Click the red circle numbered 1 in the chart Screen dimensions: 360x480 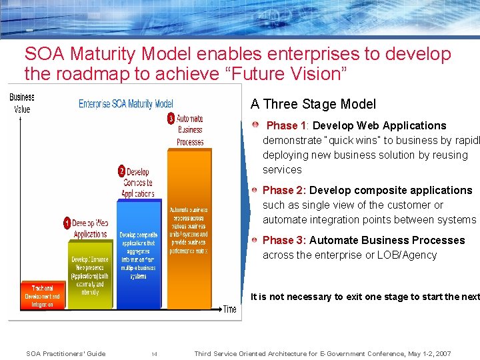[x=68, y=223]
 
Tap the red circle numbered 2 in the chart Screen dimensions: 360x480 [x=121, y=171]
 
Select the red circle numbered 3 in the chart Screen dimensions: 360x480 [x=171, y=119]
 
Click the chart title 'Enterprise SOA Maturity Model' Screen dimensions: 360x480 [x=126, y=103]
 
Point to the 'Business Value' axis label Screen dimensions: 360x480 [x=21, y=103]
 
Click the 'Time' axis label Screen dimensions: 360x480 [x=229, y=309]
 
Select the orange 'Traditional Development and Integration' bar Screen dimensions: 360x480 [x=42, y=296]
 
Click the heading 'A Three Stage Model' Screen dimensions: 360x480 [x=313, y=104]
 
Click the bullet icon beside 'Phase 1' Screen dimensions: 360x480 [x=257, y=125]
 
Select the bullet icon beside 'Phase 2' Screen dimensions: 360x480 [x=257, y=190]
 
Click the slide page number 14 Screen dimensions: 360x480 [x=154, y=354]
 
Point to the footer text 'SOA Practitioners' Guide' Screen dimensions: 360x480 [x=65, y=354]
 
